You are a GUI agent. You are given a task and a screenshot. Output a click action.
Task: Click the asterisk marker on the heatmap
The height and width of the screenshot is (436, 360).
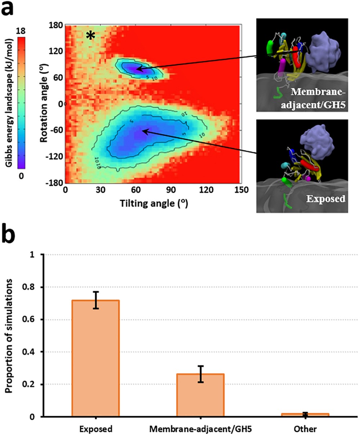(90, 35)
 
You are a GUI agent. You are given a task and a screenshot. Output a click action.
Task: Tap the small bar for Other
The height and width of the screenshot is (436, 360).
(305, 415)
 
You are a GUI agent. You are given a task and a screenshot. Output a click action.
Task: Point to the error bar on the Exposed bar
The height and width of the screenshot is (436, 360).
(96, 300)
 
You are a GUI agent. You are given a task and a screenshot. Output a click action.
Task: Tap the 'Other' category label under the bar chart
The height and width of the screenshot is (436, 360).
(305, 429)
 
